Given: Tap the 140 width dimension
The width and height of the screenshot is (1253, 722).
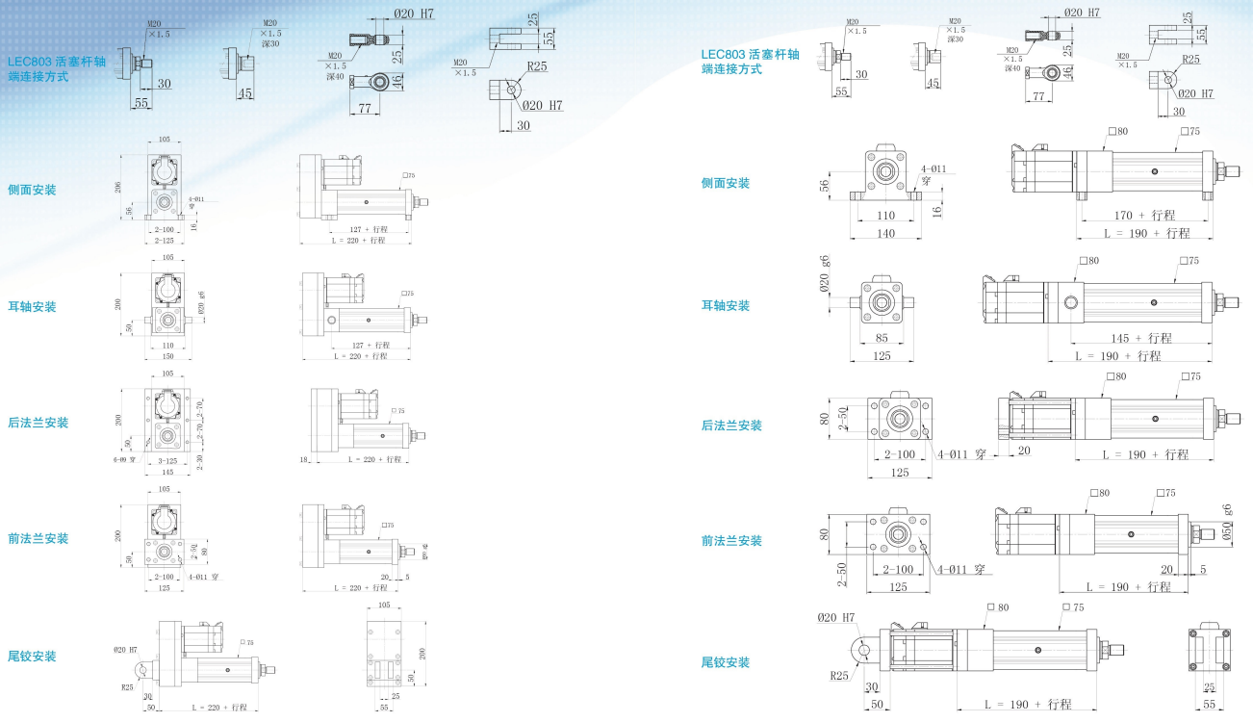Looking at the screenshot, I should pos(884,233).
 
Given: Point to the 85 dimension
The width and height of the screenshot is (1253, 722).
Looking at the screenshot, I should pos(883,338).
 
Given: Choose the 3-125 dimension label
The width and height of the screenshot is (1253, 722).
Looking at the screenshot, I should pos(166,460).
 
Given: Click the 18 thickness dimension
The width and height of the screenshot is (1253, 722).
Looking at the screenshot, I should pos(303,460).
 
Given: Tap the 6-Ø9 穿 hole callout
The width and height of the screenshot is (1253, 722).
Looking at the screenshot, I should pos(125,459).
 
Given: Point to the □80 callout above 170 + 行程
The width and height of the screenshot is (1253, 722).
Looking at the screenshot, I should pos(1117,131).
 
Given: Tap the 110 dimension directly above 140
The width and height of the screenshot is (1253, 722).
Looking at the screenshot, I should pos(884,216).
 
